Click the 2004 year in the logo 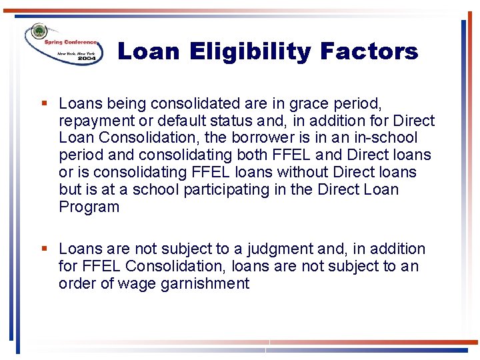[x=87, y=59]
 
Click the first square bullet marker [x=44, y=103]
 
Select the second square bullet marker [x=44, y=249]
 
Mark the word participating [x=227, y=189]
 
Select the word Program [x=89, y=207]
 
